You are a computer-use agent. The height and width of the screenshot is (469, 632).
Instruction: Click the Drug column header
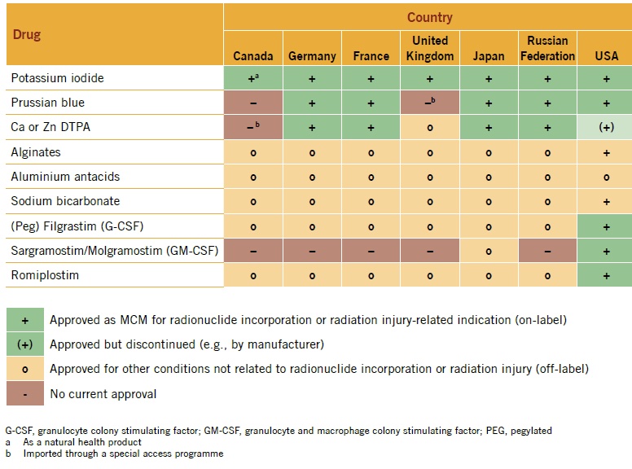[x=27, y=35]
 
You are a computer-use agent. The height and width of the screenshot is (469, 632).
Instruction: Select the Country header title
[x=430, y=17]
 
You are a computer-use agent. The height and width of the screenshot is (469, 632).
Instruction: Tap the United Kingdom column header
[x=430, y=48]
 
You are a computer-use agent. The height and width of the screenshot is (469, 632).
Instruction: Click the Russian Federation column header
[x=547, y=48]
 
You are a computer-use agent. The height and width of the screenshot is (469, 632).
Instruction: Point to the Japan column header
[x=489, y=56]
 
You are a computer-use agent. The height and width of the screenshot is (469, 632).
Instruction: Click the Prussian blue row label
[x=47, y=103]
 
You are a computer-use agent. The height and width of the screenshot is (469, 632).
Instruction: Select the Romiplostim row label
[x=45, y=275]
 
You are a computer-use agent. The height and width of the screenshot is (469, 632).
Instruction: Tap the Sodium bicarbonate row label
[x=65, y=201]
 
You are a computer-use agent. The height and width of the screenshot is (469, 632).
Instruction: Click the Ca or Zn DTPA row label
[x=50, y=127]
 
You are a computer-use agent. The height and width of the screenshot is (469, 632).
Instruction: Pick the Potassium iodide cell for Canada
[x=253, y=78]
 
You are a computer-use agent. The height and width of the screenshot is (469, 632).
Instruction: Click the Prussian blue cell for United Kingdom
[x=430, y=103]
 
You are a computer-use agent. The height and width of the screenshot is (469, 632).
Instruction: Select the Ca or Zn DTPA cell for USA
[x=605, y=127]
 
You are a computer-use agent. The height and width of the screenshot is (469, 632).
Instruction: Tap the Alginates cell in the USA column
[x=605, y=152]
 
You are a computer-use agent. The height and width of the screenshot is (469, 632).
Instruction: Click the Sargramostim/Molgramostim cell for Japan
[x=489, y=251]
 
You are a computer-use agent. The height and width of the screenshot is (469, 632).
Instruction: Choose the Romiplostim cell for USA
[x=605, y=275]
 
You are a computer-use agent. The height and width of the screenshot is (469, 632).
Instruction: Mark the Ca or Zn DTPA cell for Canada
[x=253, y=127]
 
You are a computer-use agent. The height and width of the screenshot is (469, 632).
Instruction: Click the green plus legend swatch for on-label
[x=25, y=320]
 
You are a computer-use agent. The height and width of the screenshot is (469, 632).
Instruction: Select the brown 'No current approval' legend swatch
[x=25, y=393]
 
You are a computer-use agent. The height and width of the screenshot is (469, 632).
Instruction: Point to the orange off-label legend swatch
[x=25, y=369]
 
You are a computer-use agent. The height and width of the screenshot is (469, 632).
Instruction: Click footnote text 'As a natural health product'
[x=82, y=442]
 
